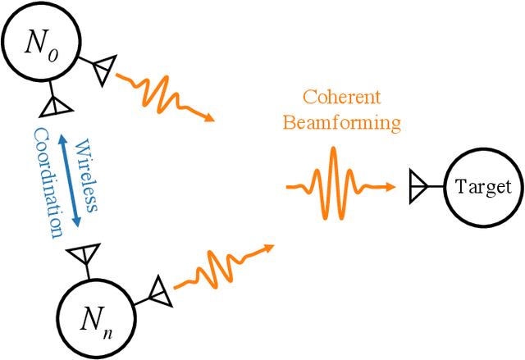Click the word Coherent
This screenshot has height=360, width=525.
tap(342, 98)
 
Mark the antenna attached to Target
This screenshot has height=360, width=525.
tap(418, 187)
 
